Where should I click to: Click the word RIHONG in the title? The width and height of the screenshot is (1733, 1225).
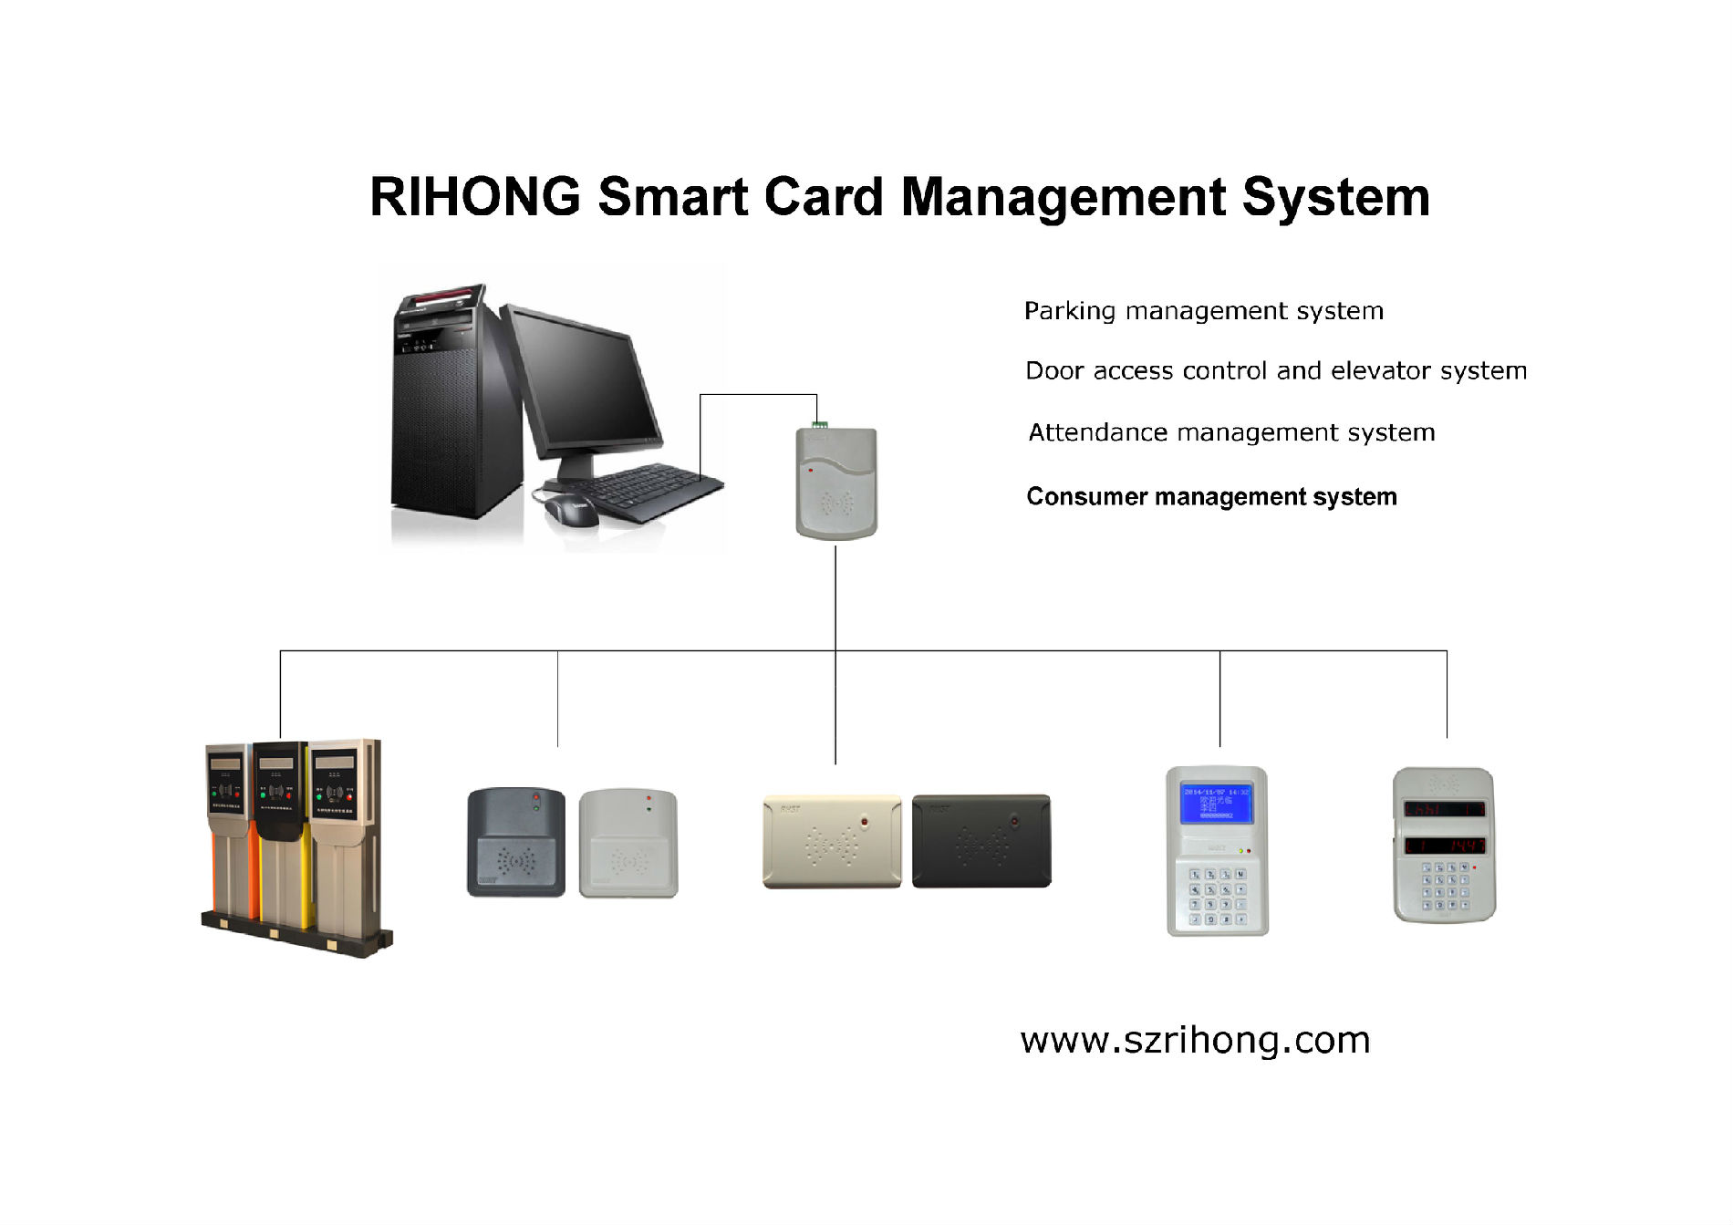pyautogui.click(x=474, y=197)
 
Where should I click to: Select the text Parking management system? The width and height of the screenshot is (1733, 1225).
pyautogui.click(x=1203, y=311)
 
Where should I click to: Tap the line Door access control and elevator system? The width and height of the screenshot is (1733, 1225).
pyautogui.click(x=1275, y=371)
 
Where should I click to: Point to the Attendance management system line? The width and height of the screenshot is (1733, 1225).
pyautogui.click(x=1231, y=432)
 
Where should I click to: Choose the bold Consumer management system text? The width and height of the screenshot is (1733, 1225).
pyautogui.click(x=1211, y=497)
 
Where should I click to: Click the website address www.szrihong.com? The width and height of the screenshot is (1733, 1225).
pyautogui.click(x=1195, y=1041)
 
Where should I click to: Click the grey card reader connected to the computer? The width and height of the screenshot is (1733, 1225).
pyautogui.click(x=836, y=483)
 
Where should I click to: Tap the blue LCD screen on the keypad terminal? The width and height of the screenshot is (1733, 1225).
pyautogui.click(x=1216, y=803)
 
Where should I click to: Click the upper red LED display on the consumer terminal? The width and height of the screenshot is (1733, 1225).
pyautogui.click(x=1444, y=809)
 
